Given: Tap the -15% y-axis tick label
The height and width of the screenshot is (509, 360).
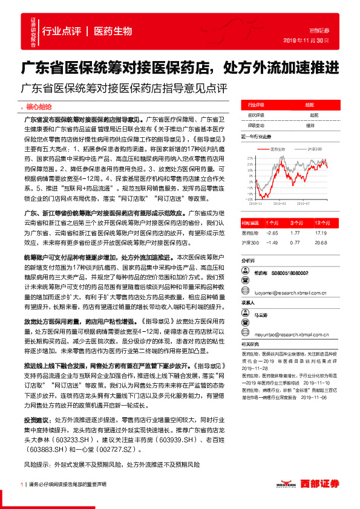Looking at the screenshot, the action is [x=248, y=198].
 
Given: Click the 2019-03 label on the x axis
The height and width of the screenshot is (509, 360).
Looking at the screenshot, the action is [x=283, y=204].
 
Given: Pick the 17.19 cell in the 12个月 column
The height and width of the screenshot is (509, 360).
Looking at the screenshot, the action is [x=321, y=232].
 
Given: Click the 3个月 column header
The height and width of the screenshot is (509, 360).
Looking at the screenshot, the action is [x=295, y=222].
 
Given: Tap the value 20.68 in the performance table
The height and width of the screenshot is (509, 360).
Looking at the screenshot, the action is [x=321, y=242].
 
